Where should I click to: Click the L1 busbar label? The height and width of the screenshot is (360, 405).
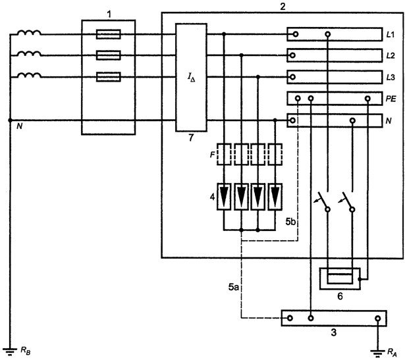tap(391, 35)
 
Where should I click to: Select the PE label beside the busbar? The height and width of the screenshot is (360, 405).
tap(391, 99)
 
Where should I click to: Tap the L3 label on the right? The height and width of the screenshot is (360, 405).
tap(391, 78)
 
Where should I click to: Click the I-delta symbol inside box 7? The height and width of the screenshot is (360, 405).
tap(192, 78)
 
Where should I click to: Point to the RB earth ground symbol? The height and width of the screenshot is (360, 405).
tap(10, 351)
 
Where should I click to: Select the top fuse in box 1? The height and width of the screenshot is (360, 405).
tap(109, 34)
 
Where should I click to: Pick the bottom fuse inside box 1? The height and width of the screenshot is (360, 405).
tap(109, 77)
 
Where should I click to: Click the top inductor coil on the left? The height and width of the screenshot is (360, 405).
tap(29, 32)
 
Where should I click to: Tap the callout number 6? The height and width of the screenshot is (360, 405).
tap(340, 297)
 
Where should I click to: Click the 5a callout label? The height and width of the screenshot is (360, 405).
tap(233, 287)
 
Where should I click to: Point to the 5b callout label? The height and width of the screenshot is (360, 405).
tap(290, 222)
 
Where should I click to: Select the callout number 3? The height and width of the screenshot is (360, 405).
tap(334, 332)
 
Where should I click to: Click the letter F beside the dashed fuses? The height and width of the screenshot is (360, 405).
tap(212, 155)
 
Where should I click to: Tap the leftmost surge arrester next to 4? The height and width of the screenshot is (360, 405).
tap(224, 196)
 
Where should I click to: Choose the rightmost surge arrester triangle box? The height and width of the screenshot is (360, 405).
tap(275, 196)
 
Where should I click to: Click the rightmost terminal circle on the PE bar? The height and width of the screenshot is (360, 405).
tap(368, 99)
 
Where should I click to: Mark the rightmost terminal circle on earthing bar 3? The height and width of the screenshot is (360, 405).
tap(378, 318)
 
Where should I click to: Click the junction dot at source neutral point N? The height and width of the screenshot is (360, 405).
tap(10, 120)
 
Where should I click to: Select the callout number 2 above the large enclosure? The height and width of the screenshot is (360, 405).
tap(283, 7)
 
